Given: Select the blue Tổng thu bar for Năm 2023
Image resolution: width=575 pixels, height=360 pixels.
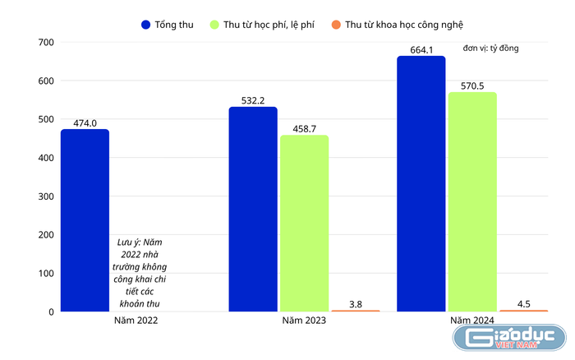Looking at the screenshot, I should point(253,210).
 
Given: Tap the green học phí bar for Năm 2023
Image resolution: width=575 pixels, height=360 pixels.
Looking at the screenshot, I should point(304,224).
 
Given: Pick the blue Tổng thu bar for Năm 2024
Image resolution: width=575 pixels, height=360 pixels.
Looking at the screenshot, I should point(421,184).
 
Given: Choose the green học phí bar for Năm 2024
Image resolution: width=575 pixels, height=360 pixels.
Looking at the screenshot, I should point(472,202).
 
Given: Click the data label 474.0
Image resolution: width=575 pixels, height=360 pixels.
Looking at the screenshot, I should point(85,123).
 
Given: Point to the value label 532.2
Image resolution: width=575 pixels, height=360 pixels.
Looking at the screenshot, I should point(253,101).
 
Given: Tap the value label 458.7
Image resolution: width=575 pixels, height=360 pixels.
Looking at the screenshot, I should point(304,129).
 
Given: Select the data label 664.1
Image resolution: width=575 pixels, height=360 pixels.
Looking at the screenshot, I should point(421,49).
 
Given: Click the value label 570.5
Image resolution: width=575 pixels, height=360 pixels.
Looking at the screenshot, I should point(472,85).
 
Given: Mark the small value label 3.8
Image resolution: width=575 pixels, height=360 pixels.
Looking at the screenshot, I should point(355,304).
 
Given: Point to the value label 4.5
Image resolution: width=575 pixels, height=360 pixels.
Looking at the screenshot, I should point(523,304).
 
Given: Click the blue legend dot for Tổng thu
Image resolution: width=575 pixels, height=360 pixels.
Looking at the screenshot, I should point(146,25).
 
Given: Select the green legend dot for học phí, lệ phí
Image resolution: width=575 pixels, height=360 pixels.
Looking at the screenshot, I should point(215,25).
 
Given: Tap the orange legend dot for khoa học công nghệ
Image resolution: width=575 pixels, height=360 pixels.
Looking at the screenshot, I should point(337,25).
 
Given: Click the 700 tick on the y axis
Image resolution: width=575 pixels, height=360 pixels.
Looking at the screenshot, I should point(46,42).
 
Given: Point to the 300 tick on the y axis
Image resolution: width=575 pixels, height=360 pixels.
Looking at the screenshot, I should point(46,196).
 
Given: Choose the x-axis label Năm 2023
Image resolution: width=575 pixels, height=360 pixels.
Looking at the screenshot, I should point(304,321).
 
